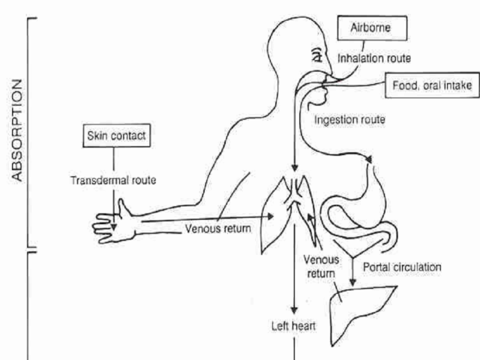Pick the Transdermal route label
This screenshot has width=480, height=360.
pyautogui.click(x=112, y=181)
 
